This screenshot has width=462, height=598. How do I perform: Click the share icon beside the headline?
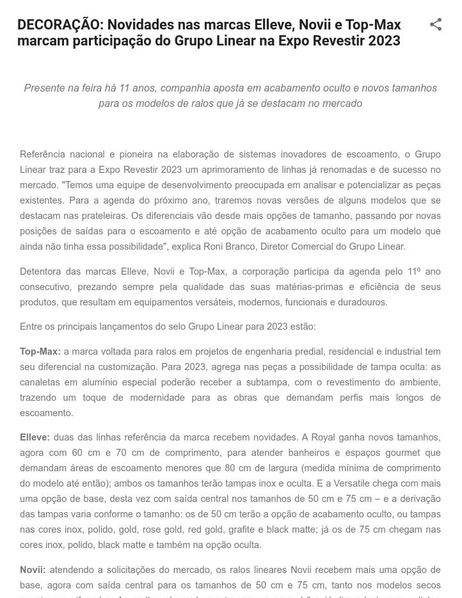(x=436, y=25)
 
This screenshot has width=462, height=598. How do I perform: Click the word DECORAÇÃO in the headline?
(x=60, y=25)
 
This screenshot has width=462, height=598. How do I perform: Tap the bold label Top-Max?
(x=40, y=352)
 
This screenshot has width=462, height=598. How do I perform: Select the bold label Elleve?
(x=35, y=437)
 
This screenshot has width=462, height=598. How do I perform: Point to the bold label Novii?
(x=33, y=570)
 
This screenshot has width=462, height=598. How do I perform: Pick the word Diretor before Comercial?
(x=276, y=246)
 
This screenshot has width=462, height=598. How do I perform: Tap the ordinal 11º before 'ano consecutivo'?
(x=414, y=271)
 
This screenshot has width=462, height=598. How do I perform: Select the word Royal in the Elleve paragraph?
(x=323, y=437)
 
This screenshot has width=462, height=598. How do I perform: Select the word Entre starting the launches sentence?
(x=32, y=327)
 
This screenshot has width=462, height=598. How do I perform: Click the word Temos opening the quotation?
(x=78, y=185)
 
